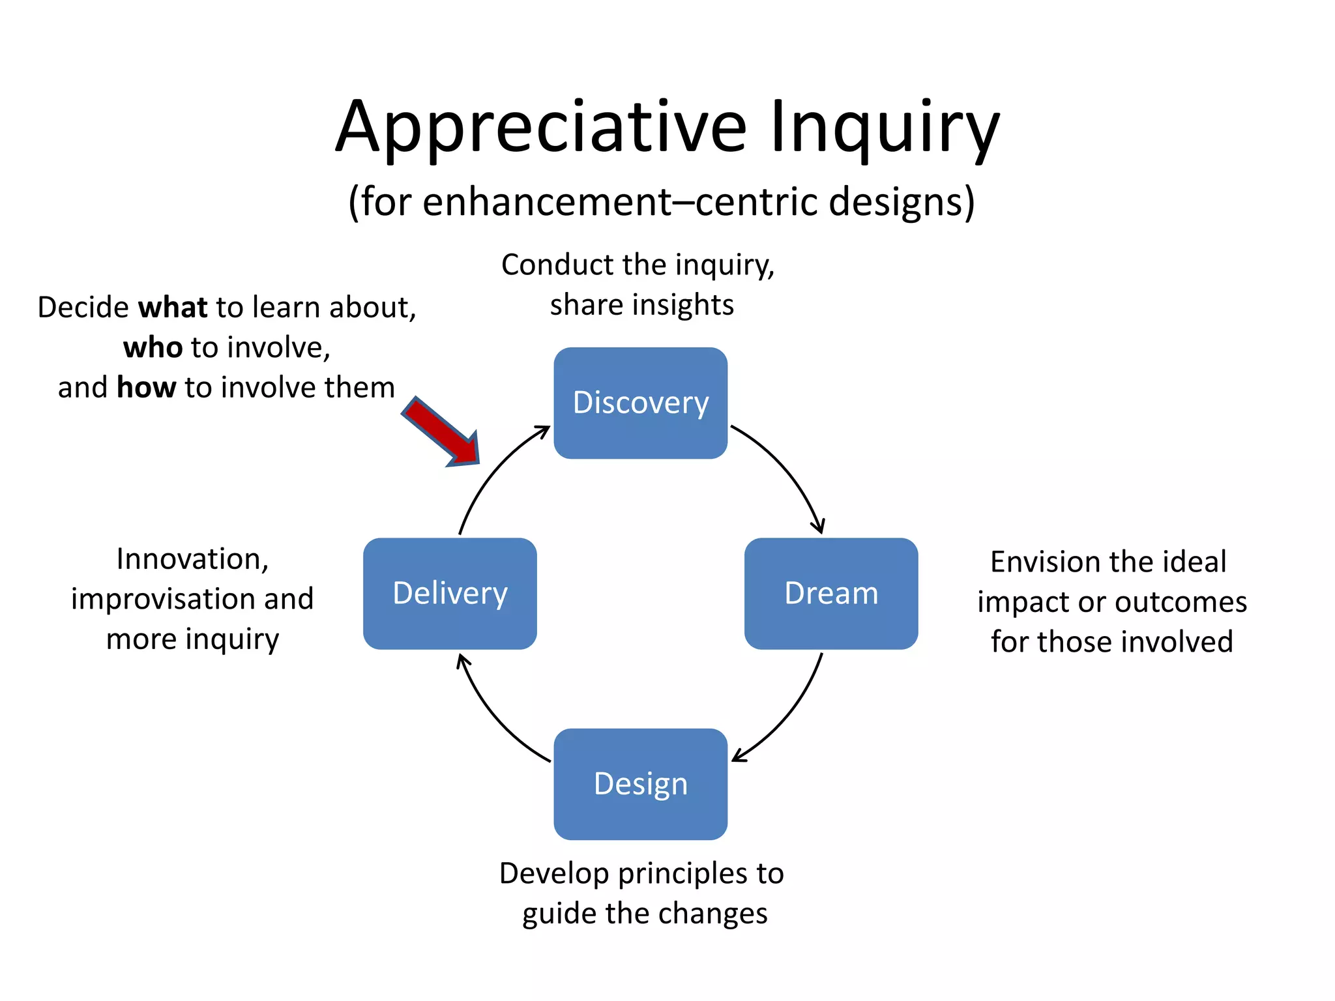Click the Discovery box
click(640, 403)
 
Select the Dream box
click(831, 593)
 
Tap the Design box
click(640, 784)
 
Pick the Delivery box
click(450, 593)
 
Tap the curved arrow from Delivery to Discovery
click(491, 469)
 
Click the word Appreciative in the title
click(541, 127)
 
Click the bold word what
click(173, 307)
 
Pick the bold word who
click(153, 347)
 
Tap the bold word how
click(146, 387)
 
